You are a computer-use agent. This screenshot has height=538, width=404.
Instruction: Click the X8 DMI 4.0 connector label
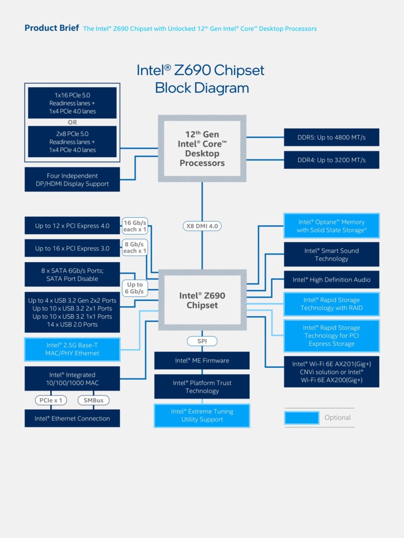202,226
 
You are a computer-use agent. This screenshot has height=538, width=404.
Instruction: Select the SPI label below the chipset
202,341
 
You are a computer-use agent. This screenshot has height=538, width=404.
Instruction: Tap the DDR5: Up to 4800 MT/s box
331,137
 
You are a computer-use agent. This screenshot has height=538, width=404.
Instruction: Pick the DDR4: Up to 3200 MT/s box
331,160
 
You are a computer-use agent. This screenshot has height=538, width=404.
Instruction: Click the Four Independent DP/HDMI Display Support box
72,180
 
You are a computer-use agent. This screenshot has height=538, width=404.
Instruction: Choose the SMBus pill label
93,400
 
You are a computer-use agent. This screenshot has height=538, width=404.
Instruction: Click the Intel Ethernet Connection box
72,418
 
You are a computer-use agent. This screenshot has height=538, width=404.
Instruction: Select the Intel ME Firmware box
202,361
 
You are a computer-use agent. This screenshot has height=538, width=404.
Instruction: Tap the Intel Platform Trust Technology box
202,387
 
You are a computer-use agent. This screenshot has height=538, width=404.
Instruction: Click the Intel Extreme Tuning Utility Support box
202,415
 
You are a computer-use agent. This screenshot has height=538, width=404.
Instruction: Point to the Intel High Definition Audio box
331,280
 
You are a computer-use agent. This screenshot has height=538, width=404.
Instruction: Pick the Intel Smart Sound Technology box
331,255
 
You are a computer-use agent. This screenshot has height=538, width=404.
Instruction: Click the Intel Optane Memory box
331,226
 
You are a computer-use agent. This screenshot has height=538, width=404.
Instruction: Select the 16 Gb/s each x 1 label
135,226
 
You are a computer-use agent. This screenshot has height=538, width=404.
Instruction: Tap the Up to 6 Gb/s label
135,288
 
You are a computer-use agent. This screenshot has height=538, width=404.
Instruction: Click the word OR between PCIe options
72,123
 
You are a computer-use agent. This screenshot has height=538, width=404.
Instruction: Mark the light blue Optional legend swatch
302,417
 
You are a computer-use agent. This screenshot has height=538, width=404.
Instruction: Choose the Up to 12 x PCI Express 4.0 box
72,226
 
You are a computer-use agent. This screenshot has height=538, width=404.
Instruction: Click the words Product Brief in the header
51,28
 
